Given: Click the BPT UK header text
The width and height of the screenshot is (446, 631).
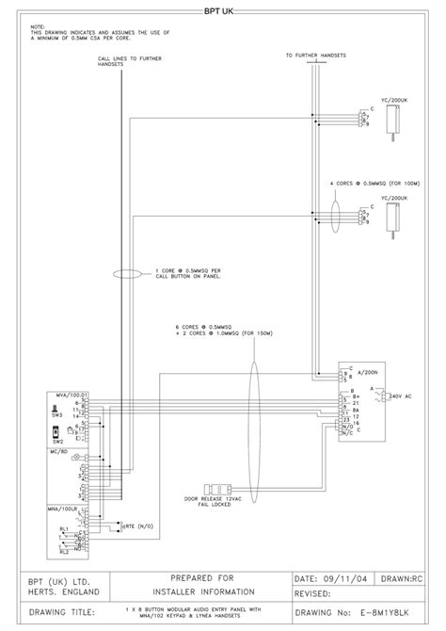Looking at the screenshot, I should [x=224, y=12].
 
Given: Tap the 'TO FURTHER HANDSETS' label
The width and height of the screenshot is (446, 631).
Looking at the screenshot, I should [x=315, y=56].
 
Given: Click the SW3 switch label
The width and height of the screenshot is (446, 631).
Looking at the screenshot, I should [x=57, y=415].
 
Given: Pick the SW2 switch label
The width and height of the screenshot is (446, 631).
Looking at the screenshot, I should [x=57, y=440].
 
